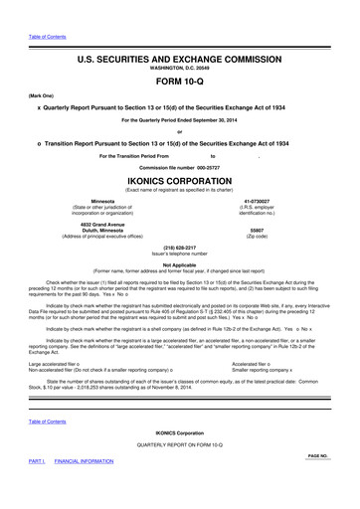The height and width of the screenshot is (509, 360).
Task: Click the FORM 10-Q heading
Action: [x=179, y=81]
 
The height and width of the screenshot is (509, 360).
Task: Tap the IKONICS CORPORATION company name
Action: [x=179, y=183]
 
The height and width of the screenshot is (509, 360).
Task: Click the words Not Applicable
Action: [x=179, y=263]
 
